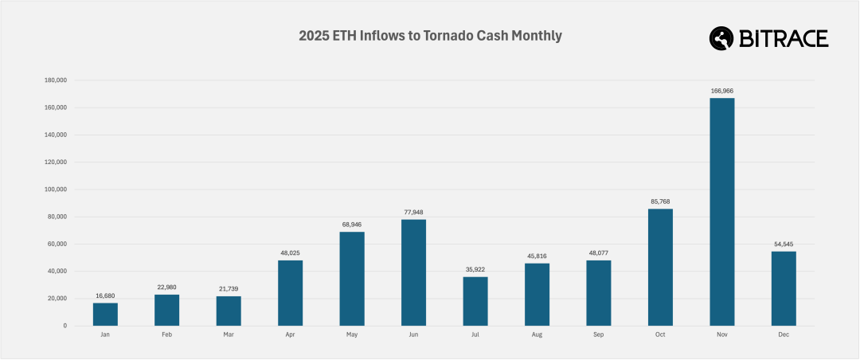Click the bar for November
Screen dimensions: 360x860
click(722, 212)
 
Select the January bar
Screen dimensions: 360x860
click(105, 314)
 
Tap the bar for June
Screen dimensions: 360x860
click(413, 272)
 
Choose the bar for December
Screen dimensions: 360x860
click(784, 288)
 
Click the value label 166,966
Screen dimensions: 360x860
click(722, 92)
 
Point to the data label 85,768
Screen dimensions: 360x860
click(660, 202)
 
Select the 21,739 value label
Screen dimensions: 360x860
click(229, 290)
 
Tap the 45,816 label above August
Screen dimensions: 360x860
click(537, 256)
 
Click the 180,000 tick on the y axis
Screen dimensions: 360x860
click(55, 80)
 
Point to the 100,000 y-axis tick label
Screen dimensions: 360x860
click(55, 190)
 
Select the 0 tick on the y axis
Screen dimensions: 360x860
click(64, 326)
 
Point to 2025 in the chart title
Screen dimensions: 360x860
click(313, 36)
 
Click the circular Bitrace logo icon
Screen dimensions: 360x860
click(721, 37)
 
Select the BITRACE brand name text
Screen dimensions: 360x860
click(784, 37)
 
